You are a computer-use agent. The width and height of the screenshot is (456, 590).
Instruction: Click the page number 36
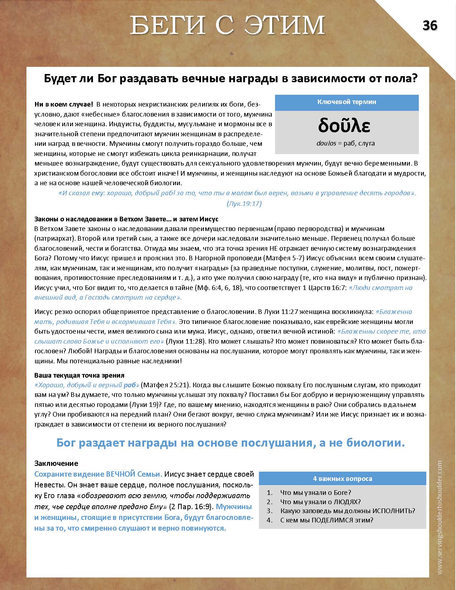click(430, 25)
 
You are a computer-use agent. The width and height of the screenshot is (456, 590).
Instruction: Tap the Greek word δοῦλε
click(344, 126)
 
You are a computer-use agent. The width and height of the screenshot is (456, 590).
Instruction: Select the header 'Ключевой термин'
click(347, 102)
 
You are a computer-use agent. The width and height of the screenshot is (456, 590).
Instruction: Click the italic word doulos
click(326, 143)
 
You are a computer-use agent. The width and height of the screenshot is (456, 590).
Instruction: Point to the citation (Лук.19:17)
click(244, 203)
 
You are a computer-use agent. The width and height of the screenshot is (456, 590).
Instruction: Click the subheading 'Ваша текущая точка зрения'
click(79, 375)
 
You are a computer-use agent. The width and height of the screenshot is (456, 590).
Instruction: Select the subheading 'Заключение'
click(56, 463)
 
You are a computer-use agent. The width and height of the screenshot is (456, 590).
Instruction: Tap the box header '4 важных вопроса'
click(342, 478)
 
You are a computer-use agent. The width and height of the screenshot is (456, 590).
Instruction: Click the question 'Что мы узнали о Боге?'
click(316, 492)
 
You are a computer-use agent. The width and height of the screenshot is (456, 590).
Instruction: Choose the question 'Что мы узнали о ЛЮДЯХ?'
click(320, 502)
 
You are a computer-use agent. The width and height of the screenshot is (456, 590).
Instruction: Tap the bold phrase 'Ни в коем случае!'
click(64, 104)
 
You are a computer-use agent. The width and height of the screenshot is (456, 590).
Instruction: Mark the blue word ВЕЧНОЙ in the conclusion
click(121, 474)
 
